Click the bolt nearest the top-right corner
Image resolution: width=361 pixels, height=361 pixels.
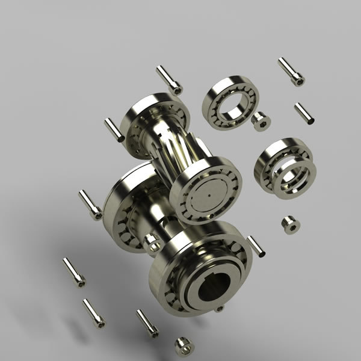291,72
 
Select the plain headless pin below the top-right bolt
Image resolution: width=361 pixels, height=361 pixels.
303,113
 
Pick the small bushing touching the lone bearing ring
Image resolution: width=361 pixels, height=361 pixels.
261,121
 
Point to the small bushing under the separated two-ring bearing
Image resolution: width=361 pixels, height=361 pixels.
291,224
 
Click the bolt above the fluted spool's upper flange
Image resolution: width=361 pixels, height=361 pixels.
169,79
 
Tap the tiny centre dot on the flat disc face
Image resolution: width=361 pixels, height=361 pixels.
206,196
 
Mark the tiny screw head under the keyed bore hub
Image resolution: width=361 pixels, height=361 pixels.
219,309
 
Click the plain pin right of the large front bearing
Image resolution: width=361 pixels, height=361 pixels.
256,246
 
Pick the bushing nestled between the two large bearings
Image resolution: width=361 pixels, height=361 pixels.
153,243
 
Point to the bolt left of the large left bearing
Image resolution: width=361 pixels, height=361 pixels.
90,204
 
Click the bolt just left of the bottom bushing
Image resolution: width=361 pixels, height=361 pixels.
147,322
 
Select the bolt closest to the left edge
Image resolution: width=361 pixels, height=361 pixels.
74,271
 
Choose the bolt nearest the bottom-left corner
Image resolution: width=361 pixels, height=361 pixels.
93,313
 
